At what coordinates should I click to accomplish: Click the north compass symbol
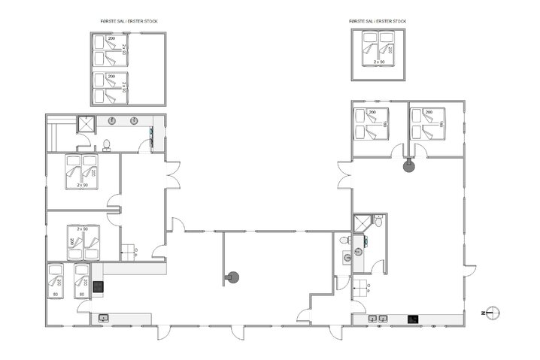[x=492, y=312]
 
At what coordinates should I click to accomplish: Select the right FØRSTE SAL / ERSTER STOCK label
[x=378, y=21]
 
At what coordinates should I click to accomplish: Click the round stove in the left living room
[x=232, y=277]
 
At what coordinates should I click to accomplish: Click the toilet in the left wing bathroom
[x=107, y=144]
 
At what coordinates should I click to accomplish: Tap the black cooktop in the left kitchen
[x=98, y=284]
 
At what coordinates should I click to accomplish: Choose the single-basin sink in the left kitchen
[x=102, y=319]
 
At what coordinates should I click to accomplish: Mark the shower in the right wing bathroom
[x=363, y=222]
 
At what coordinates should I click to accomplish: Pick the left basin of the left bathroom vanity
[x=111, y=121]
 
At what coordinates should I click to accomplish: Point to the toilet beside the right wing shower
[x=381, y=221]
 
